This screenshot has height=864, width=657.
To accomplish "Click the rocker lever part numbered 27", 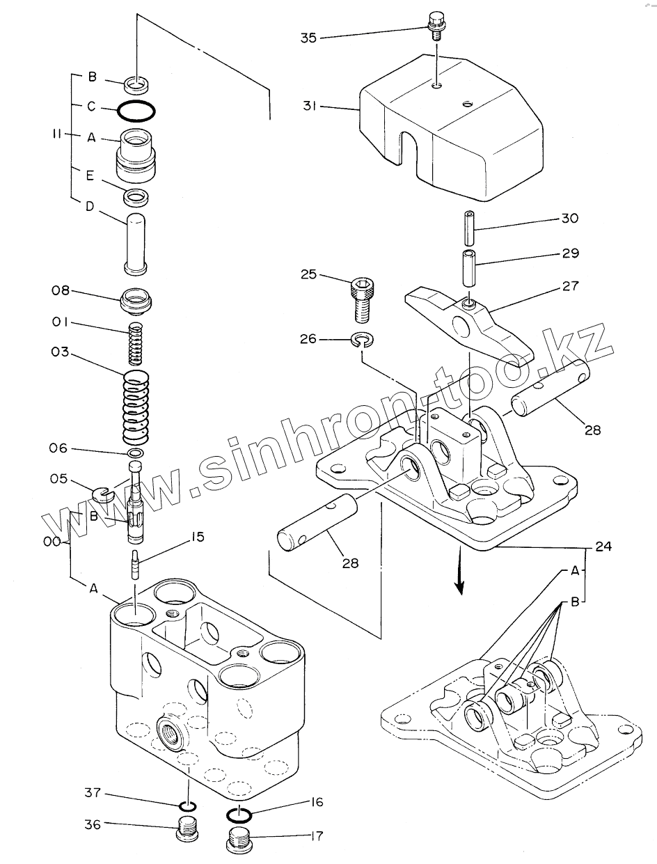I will (x=466, y=320).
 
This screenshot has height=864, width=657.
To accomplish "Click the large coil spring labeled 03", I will (x=138, y=407).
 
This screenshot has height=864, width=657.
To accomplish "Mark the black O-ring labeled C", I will (x=136, y=109).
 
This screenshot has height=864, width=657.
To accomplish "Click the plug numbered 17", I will (x=239, y=842).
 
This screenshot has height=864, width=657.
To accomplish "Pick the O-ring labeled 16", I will (x=239, y=813).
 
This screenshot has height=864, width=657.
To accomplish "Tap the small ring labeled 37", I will (x=187, y=807).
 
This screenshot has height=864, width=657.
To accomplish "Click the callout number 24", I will (x=603, y=547).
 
